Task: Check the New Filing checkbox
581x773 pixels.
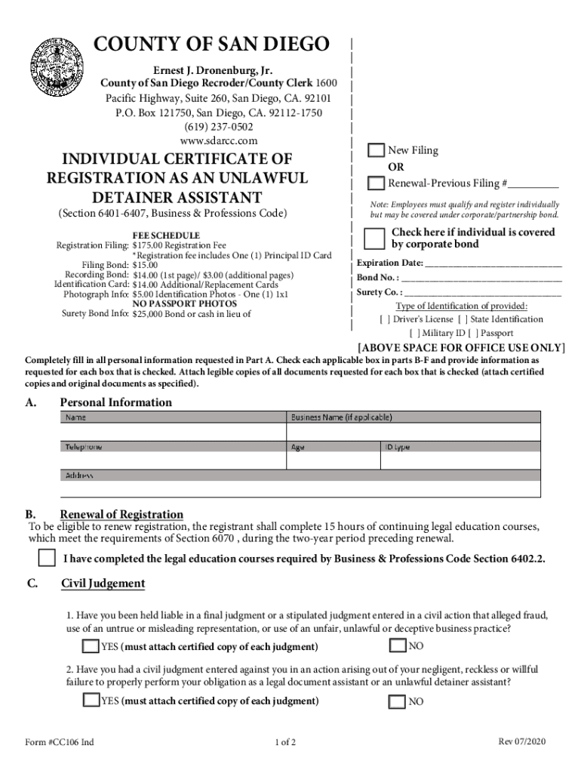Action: (x=375, y=150)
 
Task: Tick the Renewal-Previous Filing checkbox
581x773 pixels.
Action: (x=375, y=183)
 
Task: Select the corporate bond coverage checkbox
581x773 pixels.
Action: (x=373, y=238)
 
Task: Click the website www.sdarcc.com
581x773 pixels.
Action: (x=219, y=140)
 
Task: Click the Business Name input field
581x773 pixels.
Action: (x=413, y=431)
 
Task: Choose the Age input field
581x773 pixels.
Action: (x=332, y=460)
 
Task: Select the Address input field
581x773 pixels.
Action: (x=300, y=489)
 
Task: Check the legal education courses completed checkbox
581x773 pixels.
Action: (x=47, y=559)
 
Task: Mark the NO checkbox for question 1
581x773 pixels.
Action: (x=397, y=645)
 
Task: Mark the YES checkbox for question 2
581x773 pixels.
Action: (x=91, y=701)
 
